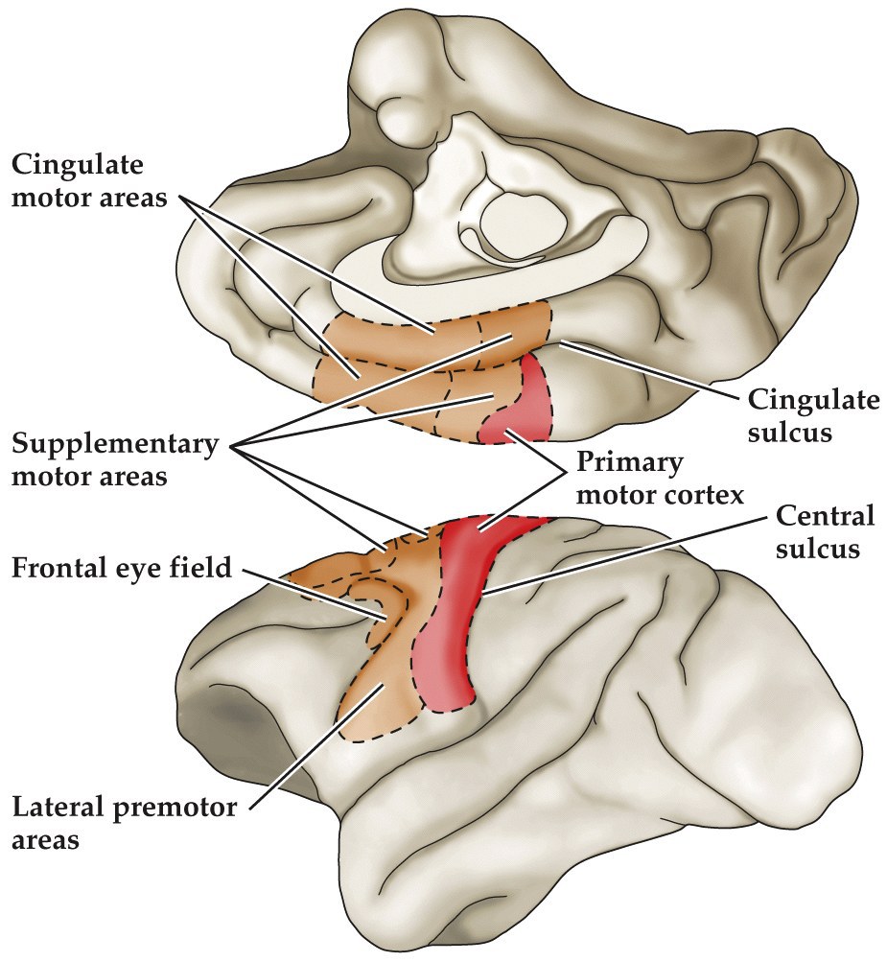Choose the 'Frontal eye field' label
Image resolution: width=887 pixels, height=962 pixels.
(122, 568)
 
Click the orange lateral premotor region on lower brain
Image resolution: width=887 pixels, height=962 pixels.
(379, 691)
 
